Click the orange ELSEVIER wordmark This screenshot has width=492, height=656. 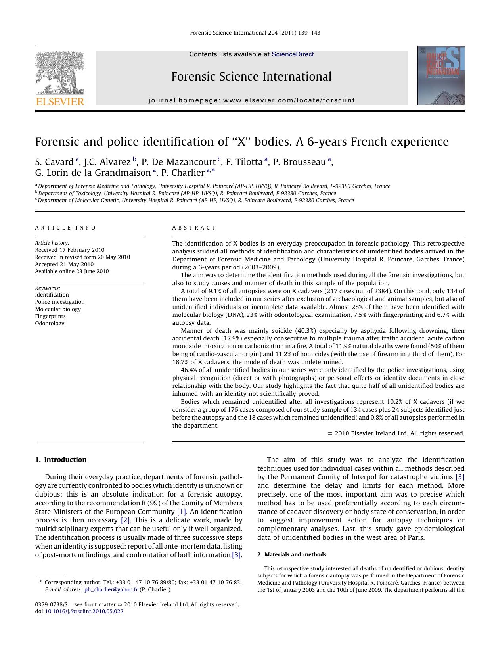(x=60, y=102)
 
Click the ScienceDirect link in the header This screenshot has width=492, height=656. (x=293, y=54)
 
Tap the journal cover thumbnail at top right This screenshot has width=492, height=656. (x=441, y=75)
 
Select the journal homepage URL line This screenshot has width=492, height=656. (x=252, y=100)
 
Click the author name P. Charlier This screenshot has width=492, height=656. (x=183, y=173)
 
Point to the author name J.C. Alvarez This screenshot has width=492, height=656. (x=107, y=162)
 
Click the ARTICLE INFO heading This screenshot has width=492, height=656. (x=65, y=228)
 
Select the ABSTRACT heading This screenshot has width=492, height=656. (x=194, y=228)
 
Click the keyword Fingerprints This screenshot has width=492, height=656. (x=50, y=316)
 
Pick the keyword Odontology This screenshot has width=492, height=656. (x=50, y=323)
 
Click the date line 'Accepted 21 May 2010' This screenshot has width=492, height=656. (x=64, y=264)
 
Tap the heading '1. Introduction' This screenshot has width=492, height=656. (x=61, y=460)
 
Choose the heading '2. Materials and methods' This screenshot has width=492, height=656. (x=292, y=554)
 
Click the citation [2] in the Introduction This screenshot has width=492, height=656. (x=125, y=520)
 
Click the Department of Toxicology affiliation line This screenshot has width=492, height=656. (x=186, y=193)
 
